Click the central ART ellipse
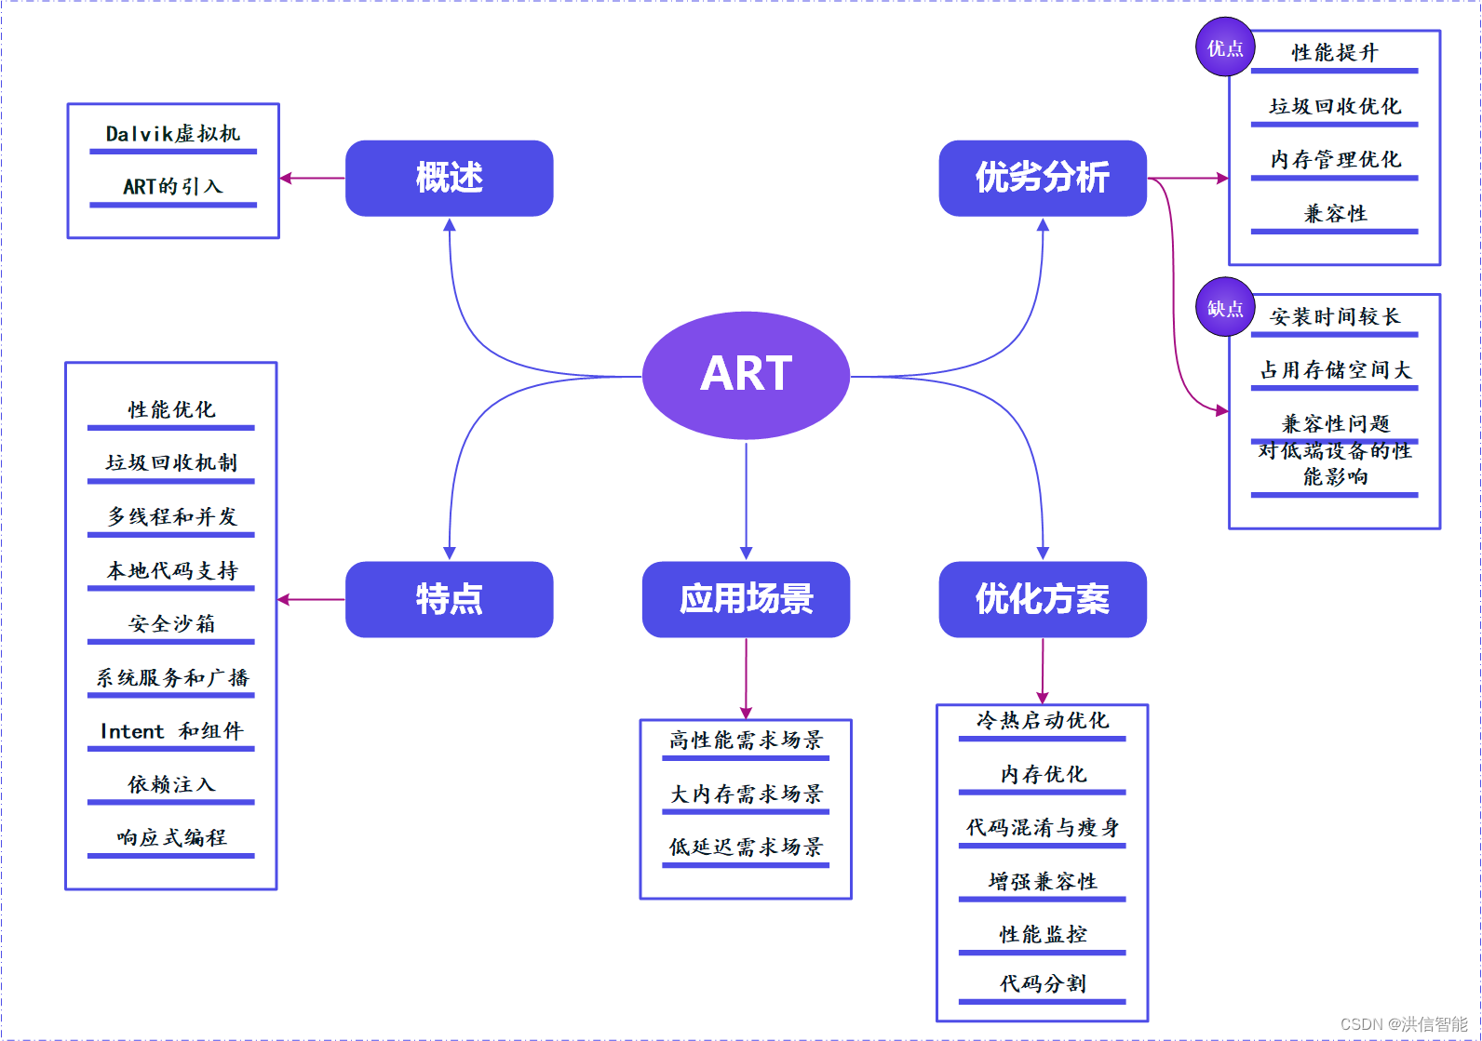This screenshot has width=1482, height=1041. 746,375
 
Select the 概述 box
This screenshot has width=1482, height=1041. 449,178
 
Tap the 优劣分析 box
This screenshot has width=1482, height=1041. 1043,178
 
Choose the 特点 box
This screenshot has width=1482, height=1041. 449,599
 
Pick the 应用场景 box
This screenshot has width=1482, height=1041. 746,599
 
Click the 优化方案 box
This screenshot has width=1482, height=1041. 1043,599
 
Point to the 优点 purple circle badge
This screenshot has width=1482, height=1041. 1225,47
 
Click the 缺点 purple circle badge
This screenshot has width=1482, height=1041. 1225,308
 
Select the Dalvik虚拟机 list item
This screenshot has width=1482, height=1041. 173,134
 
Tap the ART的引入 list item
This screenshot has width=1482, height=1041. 173,186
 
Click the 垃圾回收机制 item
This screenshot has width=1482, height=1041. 171,462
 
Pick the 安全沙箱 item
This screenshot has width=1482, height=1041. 171,623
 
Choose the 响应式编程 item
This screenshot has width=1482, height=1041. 171,837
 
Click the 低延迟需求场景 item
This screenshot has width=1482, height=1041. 746,847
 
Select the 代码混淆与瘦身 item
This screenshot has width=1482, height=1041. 1043,827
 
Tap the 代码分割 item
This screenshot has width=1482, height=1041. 1043,983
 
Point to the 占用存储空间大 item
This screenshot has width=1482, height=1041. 1335,370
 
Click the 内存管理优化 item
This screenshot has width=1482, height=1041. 1335,159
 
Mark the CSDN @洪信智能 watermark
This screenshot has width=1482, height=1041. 1404,1024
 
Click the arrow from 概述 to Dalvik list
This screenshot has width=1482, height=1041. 313,178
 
